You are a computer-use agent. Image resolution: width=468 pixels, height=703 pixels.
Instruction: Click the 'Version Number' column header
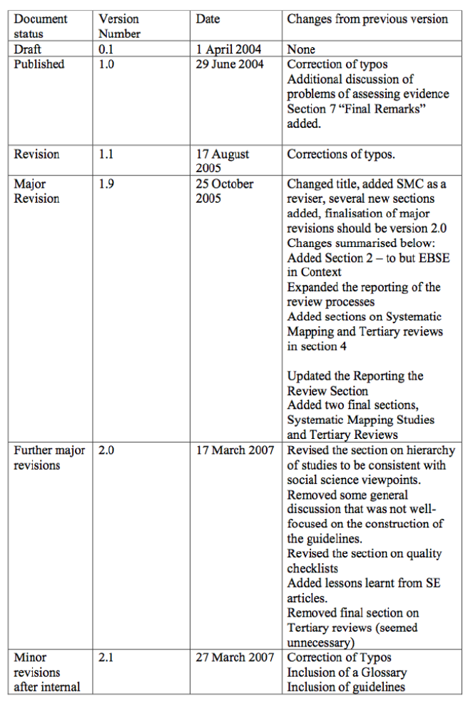[119, 26]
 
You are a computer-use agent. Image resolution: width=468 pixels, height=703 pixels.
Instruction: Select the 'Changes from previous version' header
[367, 19]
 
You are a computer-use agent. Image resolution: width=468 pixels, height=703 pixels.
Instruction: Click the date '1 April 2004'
[228, 50]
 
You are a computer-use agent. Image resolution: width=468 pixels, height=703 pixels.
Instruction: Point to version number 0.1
[107, 50]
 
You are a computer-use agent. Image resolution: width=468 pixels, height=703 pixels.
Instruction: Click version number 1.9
[107, 183]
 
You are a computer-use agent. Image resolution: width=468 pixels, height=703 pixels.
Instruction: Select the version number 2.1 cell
[107, 657]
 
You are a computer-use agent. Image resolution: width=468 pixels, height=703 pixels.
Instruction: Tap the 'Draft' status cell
[28, 50]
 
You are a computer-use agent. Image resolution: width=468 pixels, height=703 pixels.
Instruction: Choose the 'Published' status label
[39, 64]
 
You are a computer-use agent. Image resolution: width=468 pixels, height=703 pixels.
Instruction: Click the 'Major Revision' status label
[37, 191]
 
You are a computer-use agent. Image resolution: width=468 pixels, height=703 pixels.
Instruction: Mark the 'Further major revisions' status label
[49, 457]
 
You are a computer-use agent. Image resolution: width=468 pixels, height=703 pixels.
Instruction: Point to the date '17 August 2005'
[223, 161]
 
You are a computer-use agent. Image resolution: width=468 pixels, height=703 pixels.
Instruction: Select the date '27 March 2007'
[235, 657]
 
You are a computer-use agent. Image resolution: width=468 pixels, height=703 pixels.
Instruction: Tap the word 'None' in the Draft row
[300, 50]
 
